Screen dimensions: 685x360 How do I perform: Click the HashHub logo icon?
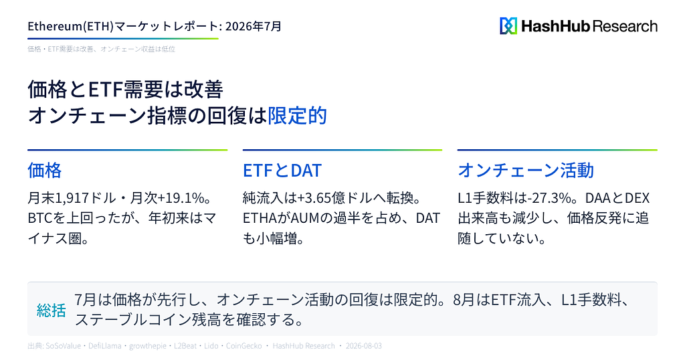pyautogui.click(x=508, y=26)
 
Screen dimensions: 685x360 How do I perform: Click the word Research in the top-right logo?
pyautogui.click(x=625, y=26)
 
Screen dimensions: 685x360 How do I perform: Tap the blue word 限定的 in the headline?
pyautogui.click(x=297, y=115)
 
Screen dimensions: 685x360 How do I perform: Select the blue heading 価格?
pyautogui.click(x=45, y=170)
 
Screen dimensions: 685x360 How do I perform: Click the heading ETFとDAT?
pyautogui.click(x=282, y=170)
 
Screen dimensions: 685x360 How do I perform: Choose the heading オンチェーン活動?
pyautogui.click(x=526, y=170)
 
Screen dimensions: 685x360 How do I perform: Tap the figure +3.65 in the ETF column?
pyautogui.click(x=314, y=198)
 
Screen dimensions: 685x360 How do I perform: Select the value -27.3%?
pyautogui.click(x=550, y=198)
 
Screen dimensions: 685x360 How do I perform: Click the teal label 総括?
pyautogui.click(x=51, y=310)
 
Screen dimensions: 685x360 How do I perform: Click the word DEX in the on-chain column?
pyautogui.click(x=637, y=198)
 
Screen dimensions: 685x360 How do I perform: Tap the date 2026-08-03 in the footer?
pyautogui.click(x=363, y=346)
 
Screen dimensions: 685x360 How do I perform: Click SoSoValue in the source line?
pyautogui.click(x=64, y=346)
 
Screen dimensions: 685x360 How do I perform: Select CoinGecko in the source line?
pyautogui.click(x=243, y=346)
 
